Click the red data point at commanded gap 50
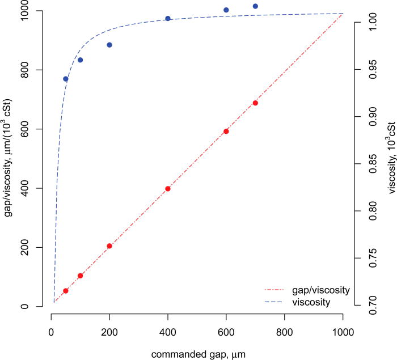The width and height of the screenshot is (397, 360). click(x=66, y=291)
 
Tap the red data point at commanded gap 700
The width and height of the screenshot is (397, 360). click(x=255, y=103)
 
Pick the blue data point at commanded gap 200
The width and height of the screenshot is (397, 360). click(x=109, y=45)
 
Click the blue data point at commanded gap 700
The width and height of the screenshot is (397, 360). click(x=255, y=6)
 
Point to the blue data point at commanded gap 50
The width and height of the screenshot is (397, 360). click(x=66, y=79)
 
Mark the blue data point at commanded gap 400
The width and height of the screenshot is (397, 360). click(x=168, y=19)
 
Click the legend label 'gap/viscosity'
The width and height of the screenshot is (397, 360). click(x=321, y=290)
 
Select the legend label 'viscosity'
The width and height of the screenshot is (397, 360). click(x=311, y=302)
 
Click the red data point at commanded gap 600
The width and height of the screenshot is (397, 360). click(x=226, y=132)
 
